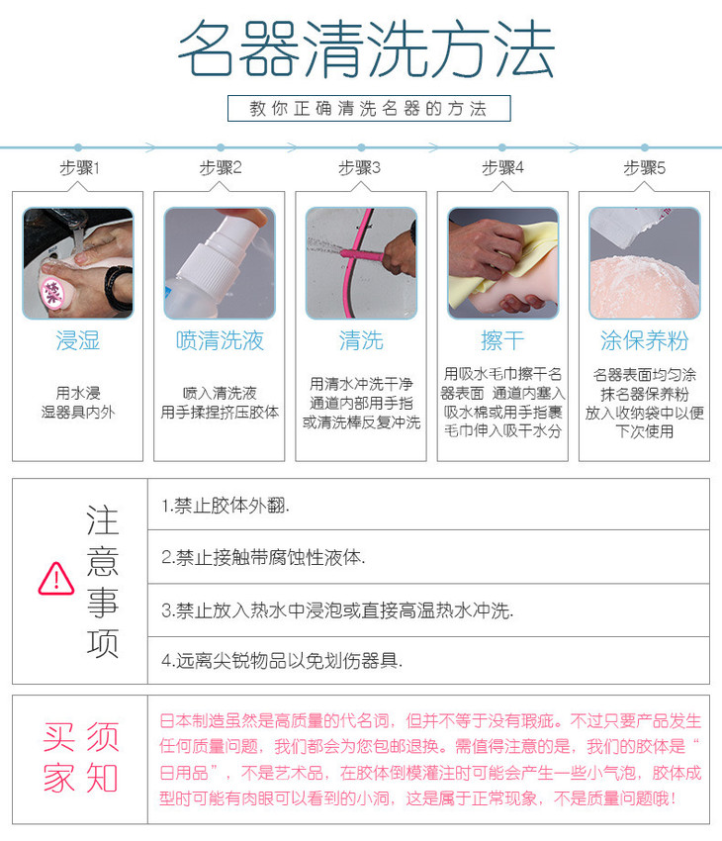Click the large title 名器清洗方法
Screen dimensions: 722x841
(366, 49)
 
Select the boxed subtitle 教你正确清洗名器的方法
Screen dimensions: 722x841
(369, 109)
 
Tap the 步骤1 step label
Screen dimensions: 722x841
(79, 168)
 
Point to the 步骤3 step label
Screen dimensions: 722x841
(360, 168)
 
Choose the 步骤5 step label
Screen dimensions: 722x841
(644, 168)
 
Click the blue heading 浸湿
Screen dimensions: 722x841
(78, 340)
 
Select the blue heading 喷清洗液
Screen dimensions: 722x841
(220, 340)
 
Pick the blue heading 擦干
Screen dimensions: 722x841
(502, 340)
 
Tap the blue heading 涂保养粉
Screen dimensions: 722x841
(644, 340)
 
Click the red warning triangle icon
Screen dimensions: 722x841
(56, 579)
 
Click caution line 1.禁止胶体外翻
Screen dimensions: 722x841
(226, 506)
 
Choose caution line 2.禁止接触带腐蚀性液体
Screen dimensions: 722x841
(263, 558)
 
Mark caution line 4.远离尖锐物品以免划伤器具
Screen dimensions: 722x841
(282, 661)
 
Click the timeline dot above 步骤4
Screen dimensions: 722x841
(502, 147)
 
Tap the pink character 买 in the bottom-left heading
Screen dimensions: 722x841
(59, 737)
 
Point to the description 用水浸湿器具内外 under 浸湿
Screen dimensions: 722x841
(78, 403)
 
